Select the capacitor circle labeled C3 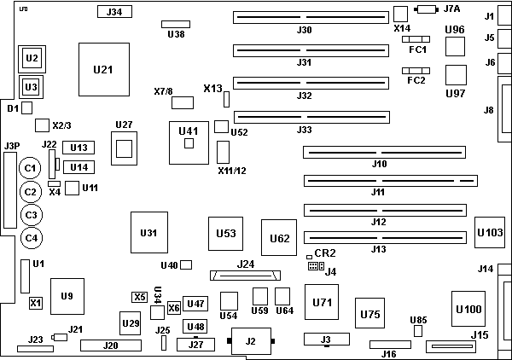click(31, 215)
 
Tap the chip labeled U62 click(280, 237)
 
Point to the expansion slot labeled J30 click(305, 16)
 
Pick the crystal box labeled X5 click(140, 296)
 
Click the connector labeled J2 click(250, 341)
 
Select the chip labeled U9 click(67, 297)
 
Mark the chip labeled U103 click(491, 231)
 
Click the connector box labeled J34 click(114, 12)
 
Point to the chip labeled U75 click(370, 314)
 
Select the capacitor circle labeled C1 click(31, 169)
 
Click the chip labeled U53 click(226, 233)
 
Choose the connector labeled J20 click(110, 345)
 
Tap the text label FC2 click(416, 80)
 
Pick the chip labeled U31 click(149, 232)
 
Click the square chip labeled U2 click(32, 58)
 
